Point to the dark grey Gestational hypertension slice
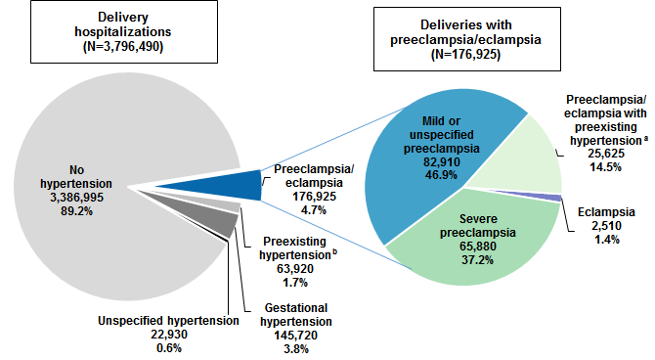[249, 223]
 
